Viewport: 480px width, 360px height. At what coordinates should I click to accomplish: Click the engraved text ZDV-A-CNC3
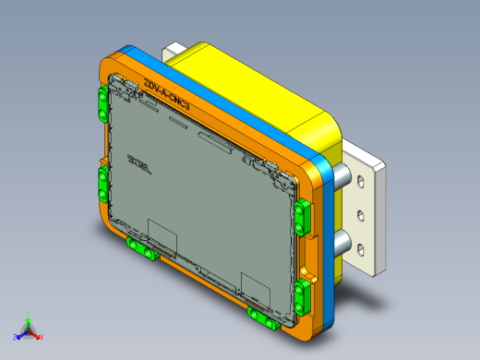pos(167,98)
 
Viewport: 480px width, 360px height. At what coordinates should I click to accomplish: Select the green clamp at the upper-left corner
pos(101,105)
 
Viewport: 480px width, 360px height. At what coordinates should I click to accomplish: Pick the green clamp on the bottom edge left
pos(141,249)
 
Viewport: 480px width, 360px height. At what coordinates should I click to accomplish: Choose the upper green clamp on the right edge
pos(303,214)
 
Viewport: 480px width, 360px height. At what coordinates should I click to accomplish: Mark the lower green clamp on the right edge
pos(302,296)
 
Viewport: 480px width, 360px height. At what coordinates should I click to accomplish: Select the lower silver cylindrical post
pos(341,245)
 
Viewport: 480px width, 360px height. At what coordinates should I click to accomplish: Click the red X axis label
pos(42,337)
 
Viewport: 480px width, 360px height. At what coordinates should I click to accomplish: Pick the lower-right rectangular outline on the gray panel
pos(254,286)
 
